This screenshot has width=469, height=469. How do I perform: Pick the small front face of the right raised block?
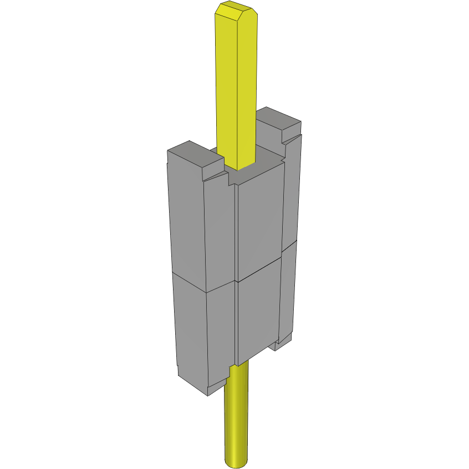(x=291, y=135)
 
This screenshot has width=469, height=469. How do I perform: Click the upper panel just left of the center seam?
(x=221, y=233)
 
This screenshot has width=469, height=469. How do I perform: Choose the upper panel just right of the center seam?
(x=259, y=222)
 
